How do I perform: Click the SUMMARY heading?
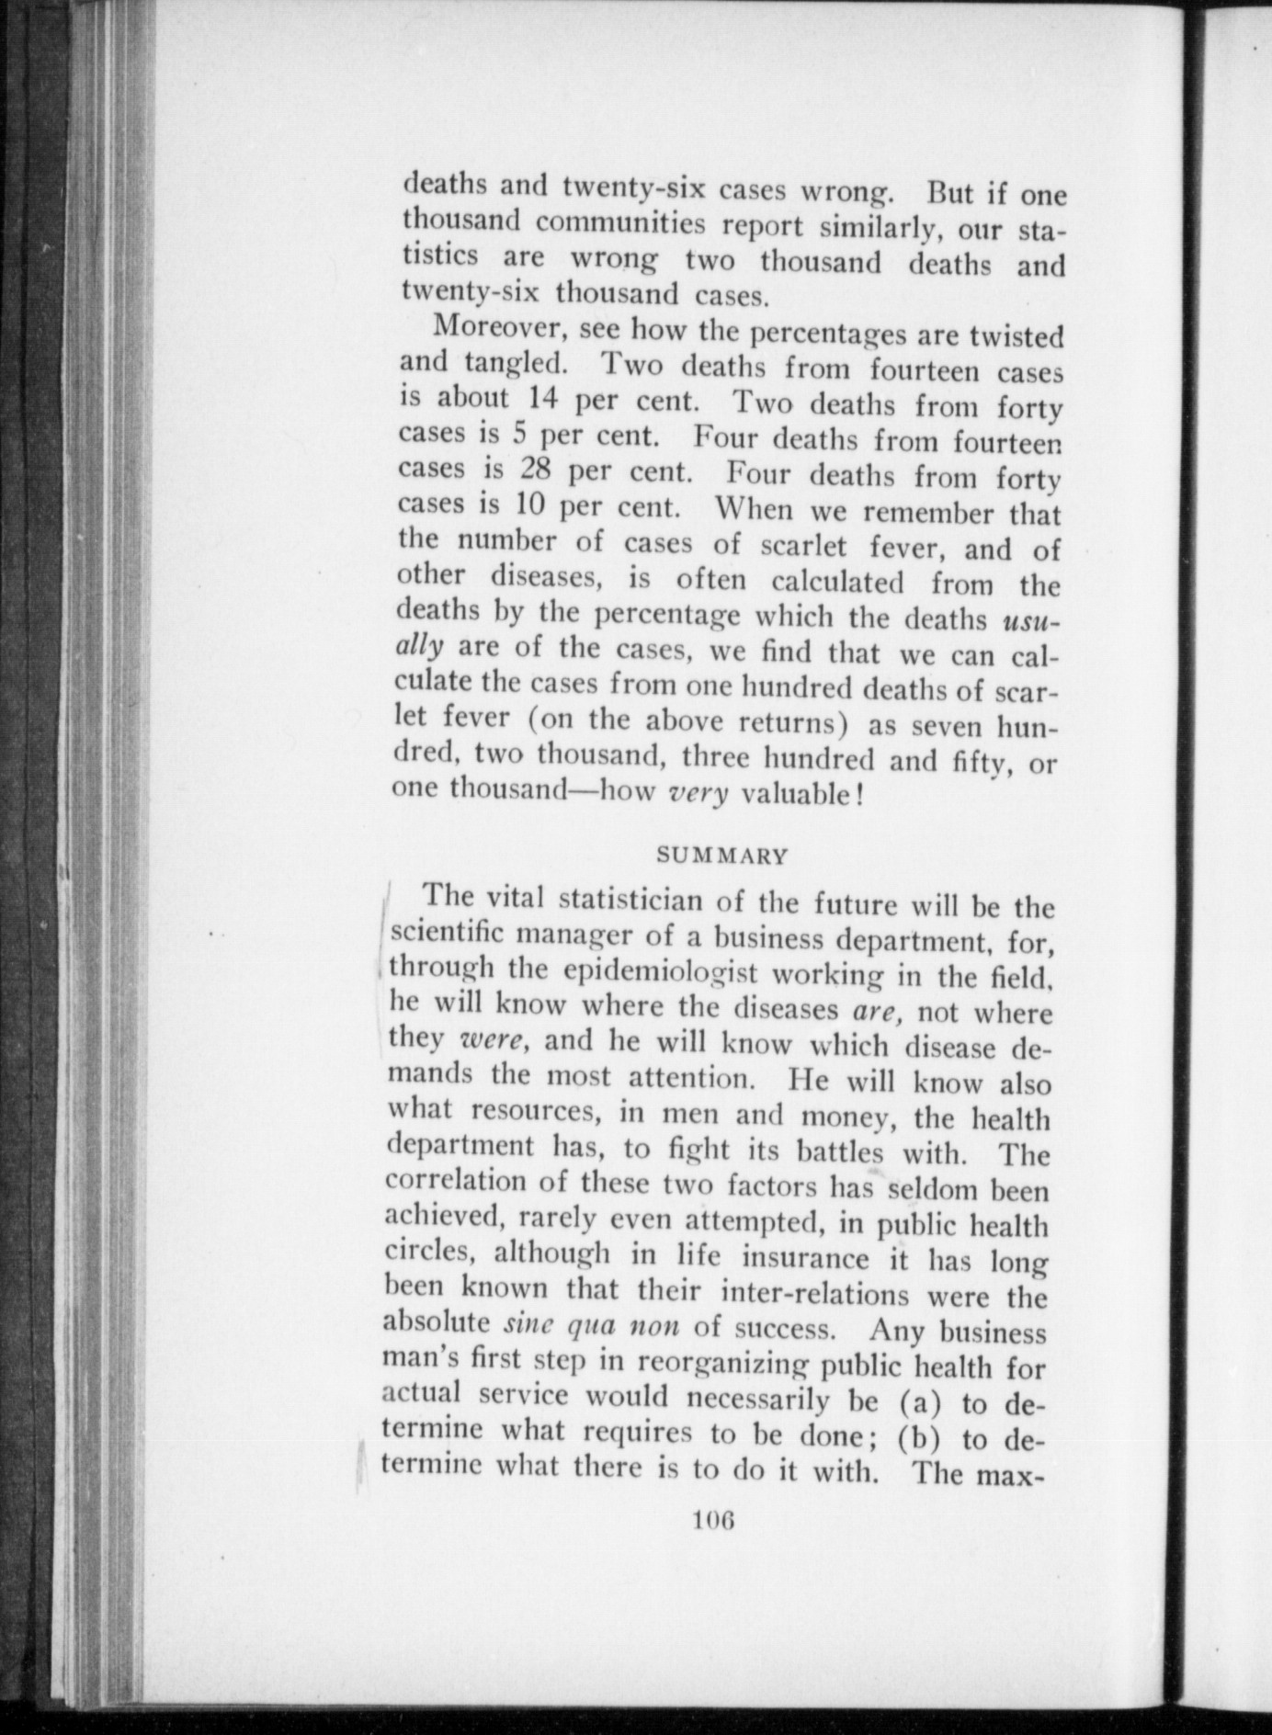722,856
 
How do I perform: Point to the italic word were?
491,1039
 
